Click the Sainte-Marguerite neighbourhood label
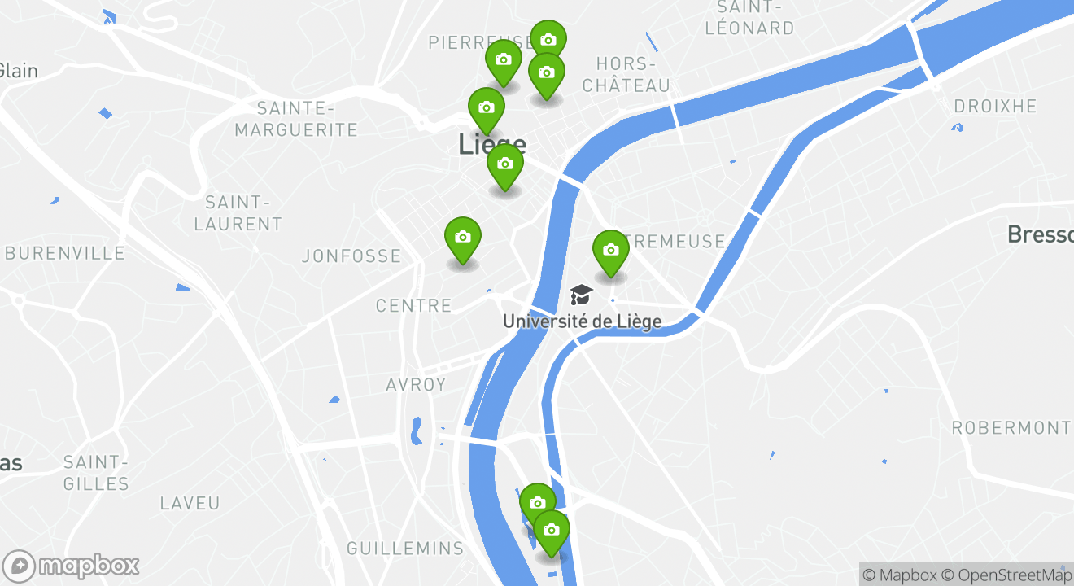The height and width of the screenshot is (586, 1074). coord(296,119)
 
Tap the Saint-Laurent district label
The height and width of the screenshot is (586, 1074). coord(238,213)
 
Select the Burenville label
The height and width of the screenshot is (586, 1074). coord(65,253)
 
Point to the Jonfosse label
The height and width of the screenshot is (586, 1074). coord(351,256)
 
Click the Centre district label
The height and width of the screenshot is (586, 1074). coord(413,306)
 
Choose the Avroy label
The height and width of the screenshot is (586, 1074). coord(416,385)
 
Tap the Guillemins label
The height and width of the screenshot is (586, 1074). coord(405,549)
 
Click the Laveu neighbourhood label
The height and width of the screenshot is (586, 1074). coord(190,504)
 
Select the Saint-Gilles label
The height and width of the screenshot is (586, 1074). coord(96,474)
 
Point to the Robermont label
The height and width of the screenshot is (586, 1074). coord(1011,428)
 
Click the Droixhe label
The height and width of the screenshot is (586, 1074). coord(995,107)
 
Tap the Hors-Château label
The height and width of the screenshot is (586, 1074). coord(626,74)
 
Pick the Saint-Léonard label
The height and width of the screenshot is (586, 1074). coord(749,18)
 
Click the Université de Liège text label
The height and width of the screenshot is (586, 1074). coord(582,321)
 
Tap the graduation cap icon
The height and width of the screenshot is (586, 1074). coord(581,295)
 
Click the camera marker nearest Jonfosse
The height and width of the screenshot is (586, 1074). coord(463,238)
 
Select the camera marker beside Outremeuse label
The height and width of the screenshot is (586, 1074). coord(611,251)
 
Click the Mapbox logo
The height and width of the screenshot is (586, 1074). coord(72,566)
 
